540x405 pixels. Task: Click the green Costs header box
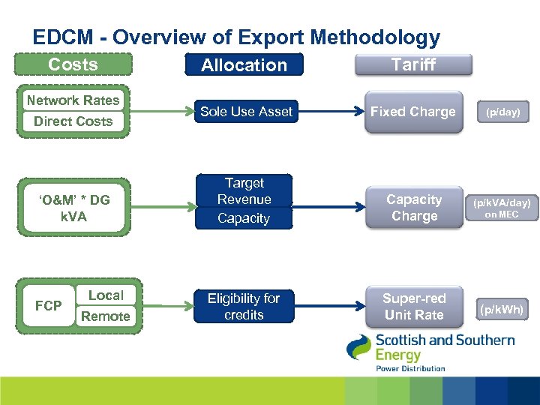click(x=73, y=64)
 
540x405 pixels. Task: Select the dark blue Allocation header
click(x=244, y=65)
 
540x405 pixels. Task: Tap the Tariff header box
click(x=413, y=64)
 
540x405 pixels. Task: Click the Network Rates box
click(x=73, y=100)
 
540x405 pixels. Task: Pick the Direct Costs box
click(x=73, y=121)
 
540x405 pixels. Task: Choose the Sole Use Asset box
click(x=246, y=112)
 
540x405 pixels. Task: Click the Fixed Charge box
click(x=413, y=112)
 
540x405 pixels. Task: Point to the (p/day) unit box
click(x=502, y=112)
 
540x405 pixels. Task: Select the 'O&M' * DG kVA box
click(x=73, y=208)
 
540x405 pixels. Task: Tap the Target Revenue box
click(x=244, y=190)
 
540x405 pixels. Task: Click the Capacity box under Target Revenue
click(x=244, y=218)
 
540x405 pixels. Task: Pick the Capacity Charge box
click(x=414, y=208)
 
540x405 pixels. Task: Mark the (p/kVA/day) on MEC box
click(x=502, y=208)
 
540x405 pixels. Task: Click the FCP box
click(x=48, y=305)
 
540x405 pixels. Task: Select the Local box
click(x=106, y=295)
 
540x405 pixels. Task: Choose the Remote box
click(x=106, y=316)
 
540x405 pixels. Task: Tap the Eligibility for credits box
click(x=244, y=306)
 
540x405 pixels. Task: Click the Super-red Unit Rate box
click(x=414, y=306)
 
